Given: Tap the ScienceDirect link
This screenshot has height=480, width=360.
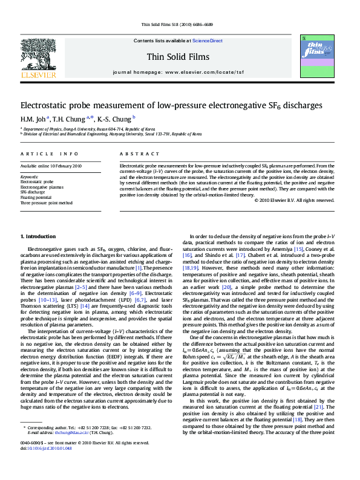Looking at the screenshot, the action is [207, 41].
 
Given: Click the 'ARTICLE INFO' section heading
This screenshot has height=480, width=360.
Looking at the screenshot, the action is [39, 155].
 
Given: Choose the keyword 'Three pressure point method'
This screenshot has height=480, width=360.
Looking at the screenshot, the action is [46, 203].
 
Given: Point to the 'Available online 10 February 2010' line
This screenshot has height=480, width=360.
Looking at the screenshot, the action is [53, 166].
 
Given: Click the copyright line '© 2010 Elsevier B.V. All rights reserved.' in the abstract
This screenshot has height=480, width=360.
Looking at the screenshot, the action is [294, 199].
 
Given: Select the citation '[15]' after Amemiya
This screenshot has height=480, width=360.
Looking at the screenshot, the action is [298, 249].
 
